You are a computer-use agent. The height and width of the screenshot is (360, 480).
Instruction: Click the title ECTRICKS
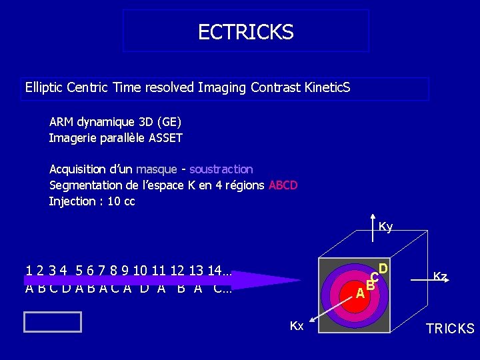coord(245,32)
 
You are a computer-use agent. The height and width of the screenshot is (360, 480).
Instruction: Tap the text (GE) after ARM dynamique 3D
coord(168,122)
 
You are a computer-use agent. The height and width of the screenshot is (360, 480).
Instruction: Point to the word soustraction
coord(221,169)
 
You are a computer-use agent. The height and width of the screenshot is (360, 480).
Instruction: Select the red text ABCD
coord(283,185)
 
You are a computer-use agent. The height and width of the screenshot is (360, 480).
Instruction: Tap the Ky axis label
coord(385,227)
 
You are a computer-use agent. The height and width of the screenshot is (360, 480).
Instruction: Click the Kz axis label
coord(440,275)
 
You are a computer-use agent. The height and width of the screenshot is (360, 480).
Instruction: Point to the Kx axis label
coord(297,326)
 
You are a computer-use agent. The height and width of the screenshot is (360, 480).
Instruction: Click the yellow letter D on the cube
coord(383,269)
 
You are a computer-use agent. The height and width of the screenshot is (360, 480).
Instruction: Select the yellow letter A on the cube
coord(359,293)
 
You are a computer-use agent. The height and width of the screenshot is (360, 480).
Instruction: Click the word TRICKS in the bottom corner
coord(450,329)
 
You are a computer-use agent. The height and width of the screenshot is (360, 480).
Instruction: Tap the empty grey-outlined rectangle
coord(52,322)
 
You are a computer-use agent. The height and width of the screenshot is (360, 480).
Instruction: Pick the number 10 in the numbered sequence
coord(140,271)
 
